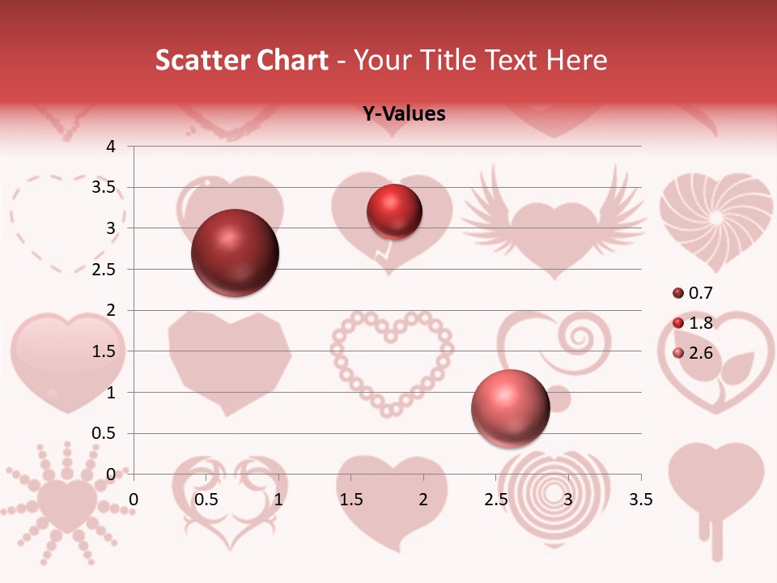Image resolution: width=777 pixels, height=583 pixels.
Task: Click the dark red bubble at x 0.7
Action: click(x=235, y=253)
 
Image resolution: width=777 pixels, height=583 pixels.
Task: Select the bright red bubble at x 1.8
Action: click(x=394, y=211)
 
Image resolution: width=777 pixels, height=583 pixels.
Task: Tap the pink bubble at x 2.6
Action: click(x=510, y=408)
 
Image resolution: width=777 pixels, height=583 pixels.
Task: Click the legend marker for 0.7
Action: click(x=678, y=293)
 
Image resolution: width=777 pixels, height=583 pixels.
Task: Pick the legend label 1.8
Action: click(x=700, y=323)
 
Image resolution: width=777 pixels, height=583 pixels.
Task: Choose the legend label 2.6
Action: click(x=700, y=352)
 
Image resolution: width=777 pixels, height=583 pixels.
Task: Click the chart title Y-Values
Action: click(x=404, y=114)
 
